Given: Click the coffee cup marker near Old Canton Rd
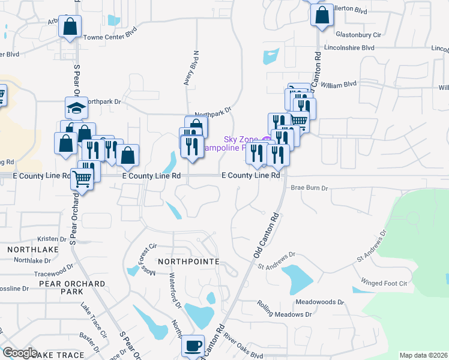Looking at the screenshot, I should point(193,346).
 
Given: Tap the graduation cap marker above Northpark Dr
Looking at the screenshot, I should point(76,108).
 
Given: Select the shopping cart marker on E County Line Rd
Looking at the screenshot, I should point(82,177).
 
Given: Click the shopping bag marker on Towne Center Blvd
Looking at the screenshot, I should point(70,27).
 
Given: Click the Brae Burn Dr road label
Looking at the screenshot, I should point(310,188).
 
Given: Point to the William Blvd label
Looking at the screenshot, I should point(339,85).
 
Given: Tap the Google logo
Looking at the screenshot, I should point(20,352).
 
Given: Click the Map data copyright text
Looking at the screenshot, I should point(423,355).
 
